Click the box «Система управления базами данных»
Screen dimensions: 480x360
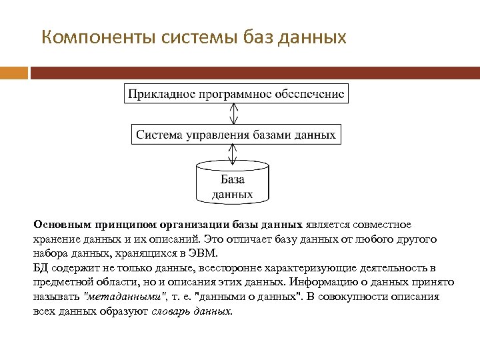pos(236,135)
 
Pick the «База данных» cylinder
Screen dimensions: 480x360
pos(233,183)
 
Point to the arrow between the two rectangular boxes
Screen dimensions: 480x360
pos(233,114)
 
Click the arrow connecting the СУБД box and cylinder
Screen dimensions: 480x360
pos(233,155)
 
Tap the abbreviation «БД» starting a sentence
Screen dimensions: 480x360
pos(40,268)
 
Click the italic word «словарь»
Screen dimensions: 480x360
pos(171,312)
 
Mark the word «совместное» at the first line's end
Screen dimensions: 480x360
pos(381,225)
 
